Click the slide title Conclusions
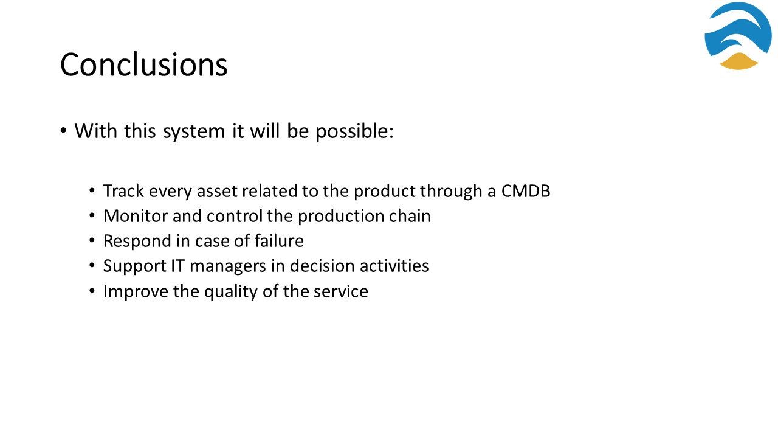(144, 64)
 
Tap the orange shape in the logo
(738, 61)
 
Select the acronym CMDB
(526, 191)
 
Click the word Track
(123, 191)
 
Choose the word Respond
(137, 242)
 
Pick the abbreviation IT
(177, 266)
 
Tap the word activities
(394, 266)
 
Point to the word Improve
(136, 291)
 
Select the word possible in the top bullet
(354, 131)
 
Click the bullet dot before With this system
(63, 131)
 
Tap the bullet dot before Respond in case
(92, 240)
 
